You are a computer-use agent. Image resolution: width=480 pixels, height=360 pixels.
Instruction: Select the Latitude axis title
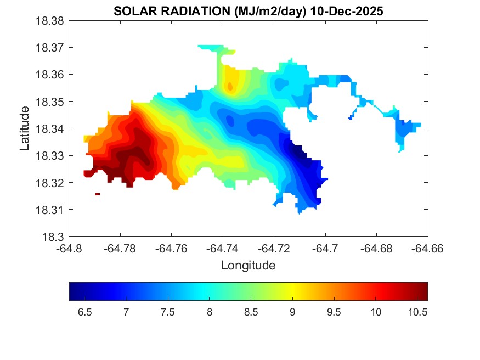click(x=24, y=128)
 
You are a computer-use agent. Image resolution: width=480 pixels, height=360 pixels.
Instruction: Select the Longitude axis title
click(x=248, y=266)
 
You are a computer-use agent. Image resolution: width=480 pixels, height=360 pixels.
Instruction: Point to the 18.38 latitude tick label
click(x=50, y=21)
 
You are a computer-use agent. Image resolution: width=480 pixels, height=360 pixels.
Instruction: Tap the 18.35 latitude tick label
click(x=50, y=102)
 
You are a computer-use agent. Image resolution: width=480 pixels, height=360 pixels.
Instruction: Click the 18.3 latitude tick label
click(x=55, y=237)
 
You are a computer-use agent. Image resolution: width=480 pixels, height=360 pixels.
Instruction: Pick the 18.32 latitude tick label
click(x=50, y=183)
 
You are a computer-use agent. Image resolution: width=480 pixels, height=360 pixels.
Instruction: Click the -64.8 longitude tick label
click(x=69, y=249)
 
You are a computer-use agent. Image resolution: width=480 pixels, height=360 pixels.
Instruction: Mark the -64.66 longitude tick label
click(x=428, y=249)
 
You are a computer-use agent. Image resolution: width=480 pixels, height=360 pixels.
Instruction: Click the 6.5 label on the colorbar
click(x=84, y=312)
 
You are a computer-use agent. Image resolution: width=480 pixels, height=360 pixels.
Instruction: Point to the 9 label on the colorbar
click(x=292, y=312)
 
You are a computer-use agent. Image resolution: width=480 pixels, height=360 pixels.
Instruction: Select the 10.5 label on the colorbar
click(x=417, y=312)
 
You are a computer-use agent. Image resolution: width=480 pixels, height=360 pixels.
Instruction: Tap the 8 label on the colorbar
click(x=209, y=312)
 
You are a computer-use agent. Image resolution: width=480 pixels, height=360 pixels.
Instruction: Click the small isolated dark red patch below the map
click(x=98, y=194)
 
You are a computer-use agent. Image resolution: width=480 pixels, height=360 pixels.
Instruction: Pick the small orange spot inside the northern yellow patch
click(x=230, y=86)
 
